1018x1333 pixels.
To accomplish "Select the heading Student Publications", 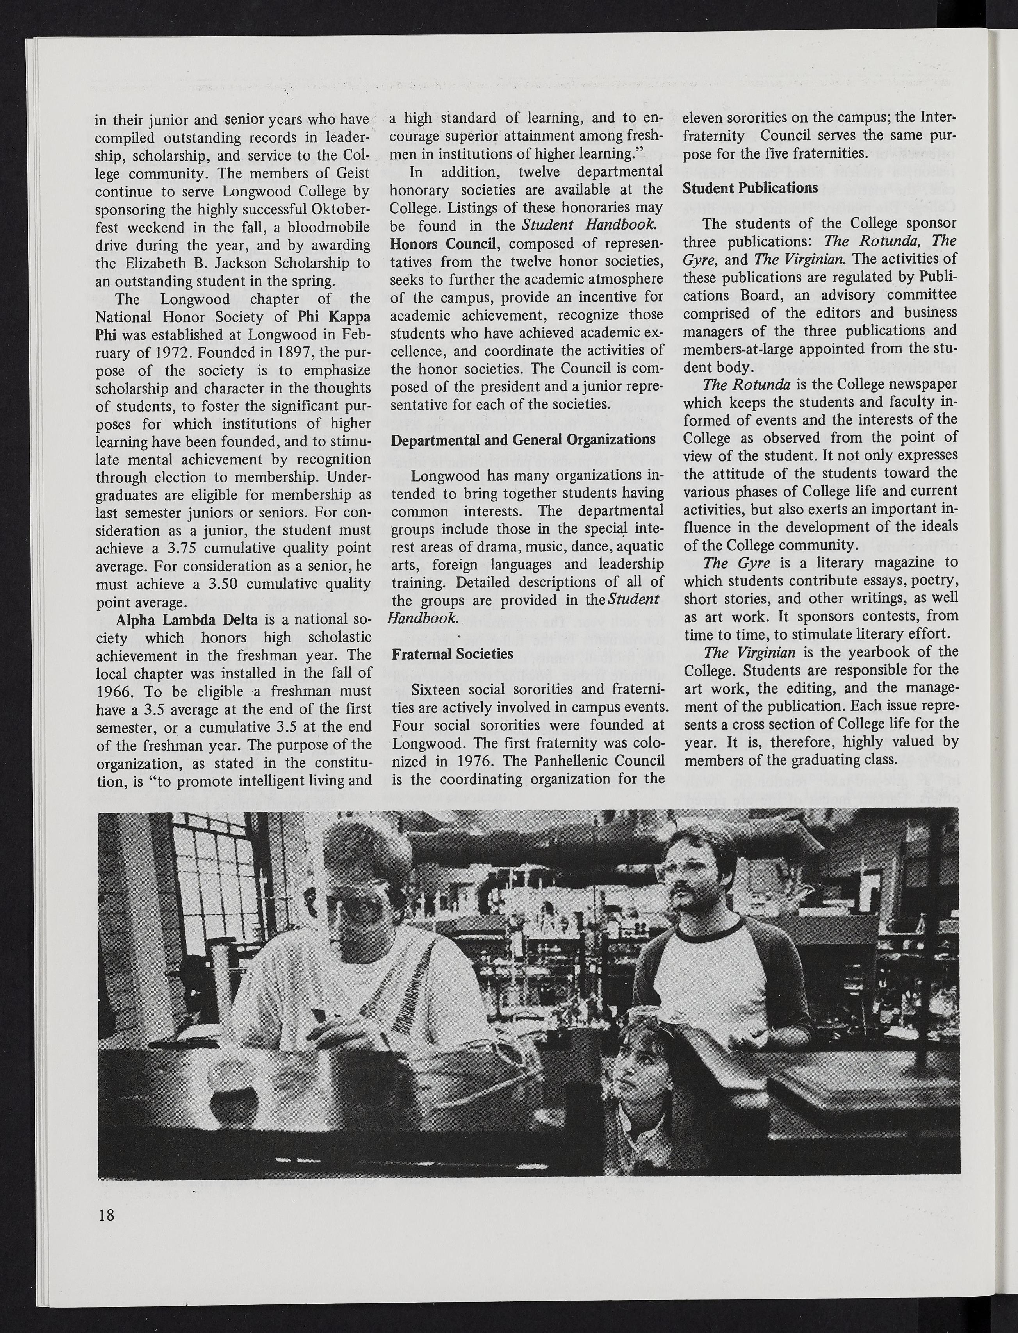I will pos(750,188).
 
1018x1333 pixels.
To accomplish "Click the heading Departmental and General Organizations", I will pos(523,438).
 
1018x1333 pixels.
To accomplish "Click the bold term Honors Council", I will pos(445,244).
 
